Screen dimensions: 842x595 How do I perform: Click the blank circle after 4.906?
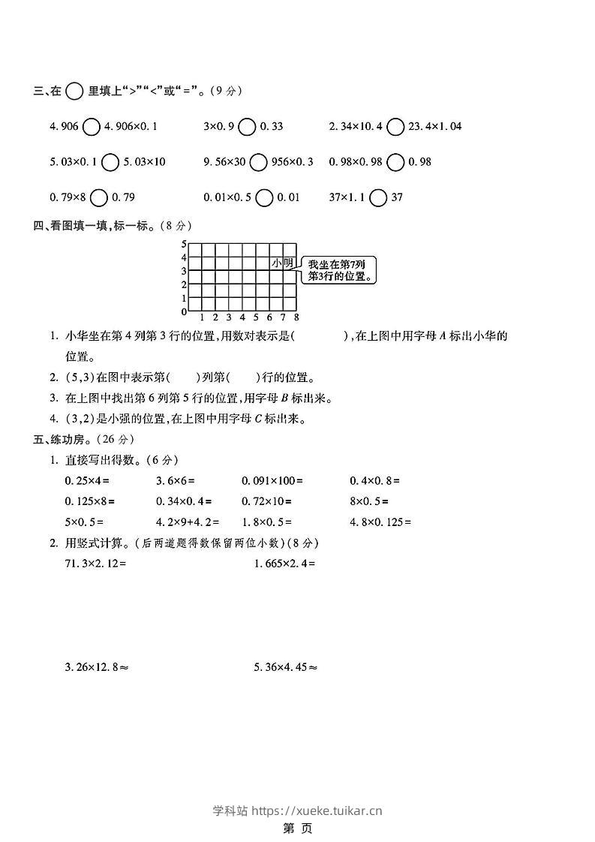coord(91,126)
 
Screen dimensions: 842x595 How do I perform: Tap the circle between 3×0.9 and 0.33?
coord(247,126)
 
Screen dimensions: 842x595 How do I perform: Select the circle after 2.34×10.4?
coord(395,126)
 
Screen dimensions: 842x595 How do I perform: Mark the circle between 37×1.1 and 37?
coord(379,197)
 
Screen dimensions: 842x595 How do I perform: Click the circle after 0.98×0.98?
coord(397,161)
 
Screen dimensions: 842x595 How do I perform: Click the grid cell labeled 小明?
coord(283,263)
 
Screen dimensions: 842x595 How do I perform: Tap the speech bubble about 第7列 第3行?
coord(341,270)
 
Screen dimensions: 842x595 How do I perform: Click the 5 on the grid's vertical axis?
coord(183,244)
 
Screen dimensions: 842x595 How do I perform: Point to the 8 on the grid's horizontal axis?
coord(296,317)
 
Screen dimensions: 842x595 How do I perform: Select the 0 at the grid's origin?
coord(183,311)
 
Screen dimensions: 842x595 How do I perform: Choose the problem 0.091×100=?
coord(272,480)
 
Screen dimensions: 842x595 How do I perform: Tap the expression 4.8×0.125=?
coord(381,522)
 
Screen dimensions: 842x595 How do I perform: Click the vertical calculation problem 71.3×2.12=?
coord(95,563)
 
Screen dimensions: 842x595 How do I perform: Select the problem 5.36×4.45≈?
coord(286,666)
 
